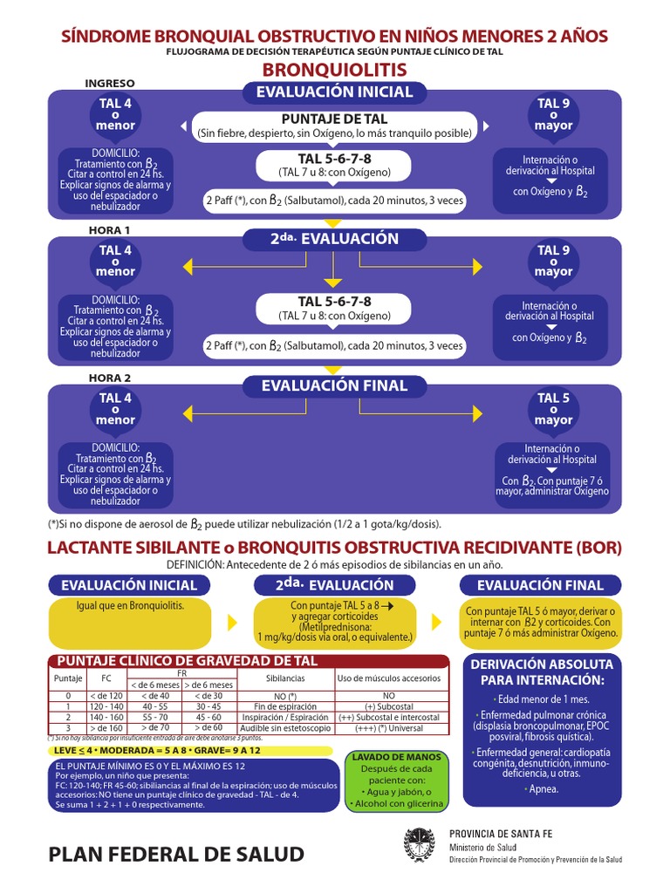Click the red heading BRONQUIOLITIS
coord(334,69)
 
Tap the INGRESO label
coord(109,84)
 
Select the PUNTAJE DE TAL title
coord(334,119)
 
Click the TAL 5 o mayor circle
coord(554,409)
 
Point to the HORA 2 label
coord(109,378)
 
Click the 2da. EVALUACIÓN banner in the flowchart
coord(334,239)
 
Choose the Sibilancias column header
coord(285,678)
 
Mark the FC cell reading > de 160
coord(106,727)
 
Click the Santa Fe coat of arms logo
coord(419,844)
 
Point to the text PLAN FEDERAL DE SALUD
coord(176,854)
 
